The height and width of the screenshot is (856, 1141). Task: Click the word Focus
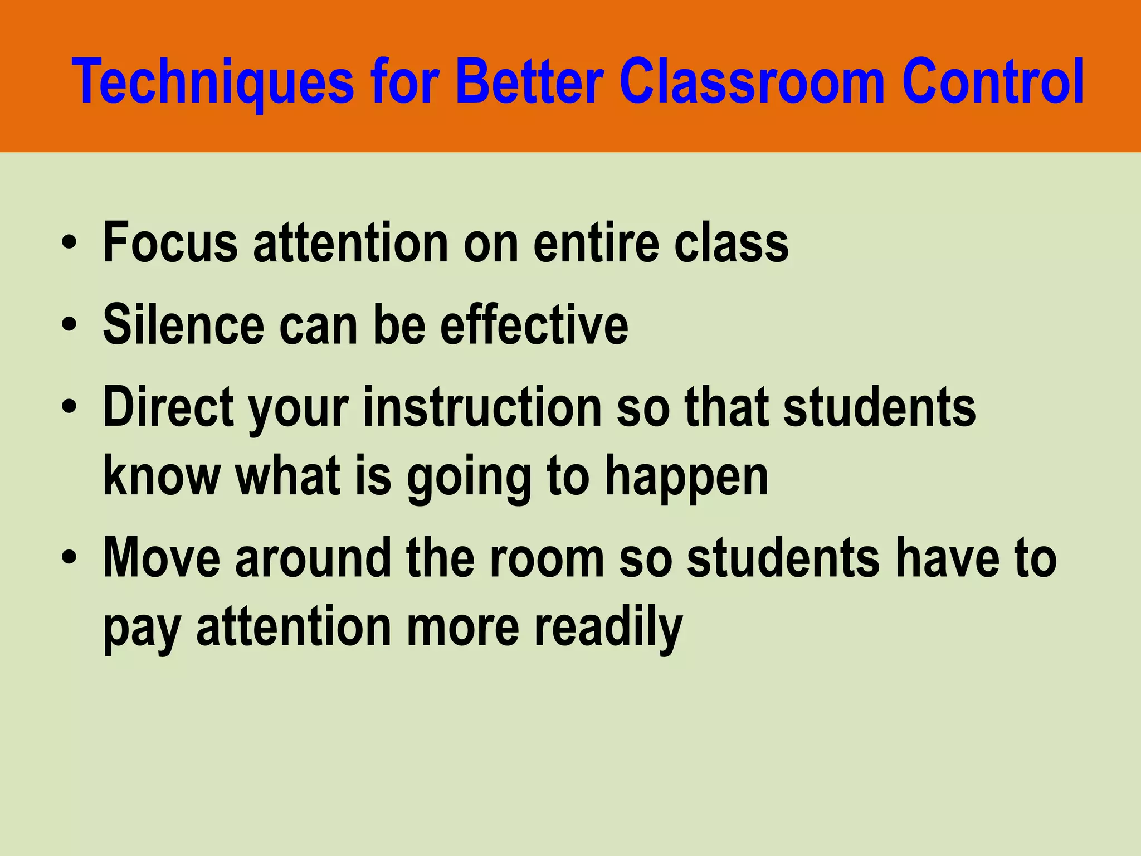170,242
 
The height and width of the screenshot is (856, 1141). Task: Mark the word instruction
482,407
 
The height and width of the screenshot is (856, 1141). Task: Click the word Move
162,558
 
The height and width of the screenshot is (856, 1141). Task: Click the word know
162,476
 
